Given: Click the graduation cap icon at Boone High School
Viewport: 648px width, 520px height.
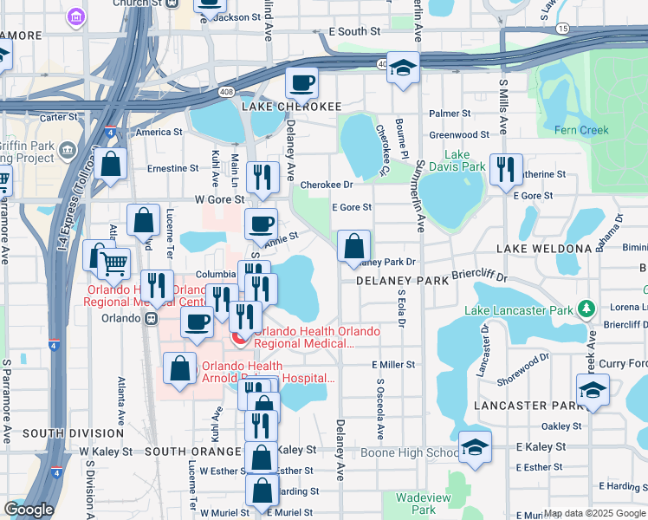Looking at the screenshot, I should click(x=475, y=448).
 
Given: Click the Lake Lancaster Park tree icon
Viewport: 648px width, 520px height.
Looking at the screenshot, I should click(x=586, y=309).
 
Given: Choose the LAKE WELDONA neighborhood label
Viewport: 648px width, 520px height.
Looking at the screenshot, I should click(x=544, y=249).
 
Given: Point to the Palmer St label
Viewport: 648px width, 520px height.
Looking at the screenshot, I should click(x=450, y=114).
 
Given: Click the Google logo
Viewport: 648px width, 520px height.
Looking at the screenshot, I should click(x=29, y=510).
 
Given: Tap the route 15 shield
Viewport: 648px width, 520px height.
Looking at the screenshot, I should click(x=563, y=29).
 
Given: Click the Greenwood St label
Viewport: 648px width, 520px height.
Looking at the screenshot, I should click(x=460, y=135).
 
